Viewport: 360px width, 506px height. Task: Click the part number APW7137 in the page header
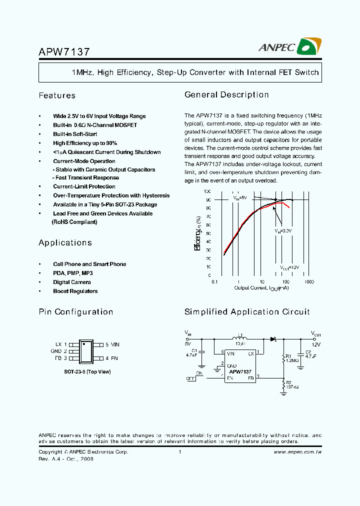pos(64,51)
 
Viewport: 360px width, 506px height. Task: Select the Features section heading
pos(57,95)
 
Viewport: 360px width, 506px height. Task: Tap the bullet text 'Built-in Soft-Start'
pos(75,134)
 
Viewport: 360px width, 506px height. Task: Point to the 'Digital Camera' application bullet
pos(72,282)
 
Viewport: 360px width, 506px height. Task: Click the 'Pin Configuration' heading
pos(76,312)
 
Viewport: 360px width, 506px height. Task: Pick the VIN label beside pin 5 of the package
pos(115,344)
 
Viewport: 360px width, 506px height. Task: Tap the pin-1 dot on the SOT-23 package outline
pos(84,344)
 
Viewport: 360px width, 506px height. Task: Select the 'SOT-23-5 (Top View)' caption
pos(87,372)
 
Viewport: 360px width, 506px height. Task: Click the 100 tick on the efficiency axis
pos(207,191)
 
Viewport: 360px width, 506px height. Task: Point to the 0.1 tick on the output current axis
pos(215,282)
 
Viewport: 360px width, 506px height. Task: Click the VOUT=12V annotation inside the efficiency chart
pos(289,267)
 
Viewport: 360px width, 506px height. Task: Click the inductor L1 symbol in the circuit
pos(240,338)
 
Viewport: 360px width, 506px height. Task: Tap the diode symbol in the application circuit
pos(273,339)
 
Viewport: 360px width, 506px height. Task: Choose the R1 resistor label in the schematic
pos(288,355)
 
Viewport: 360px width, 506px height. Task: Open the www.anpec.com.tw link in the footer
pos(297,452)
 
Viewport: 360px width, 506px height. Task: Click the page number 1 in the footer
pos(179,452)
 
